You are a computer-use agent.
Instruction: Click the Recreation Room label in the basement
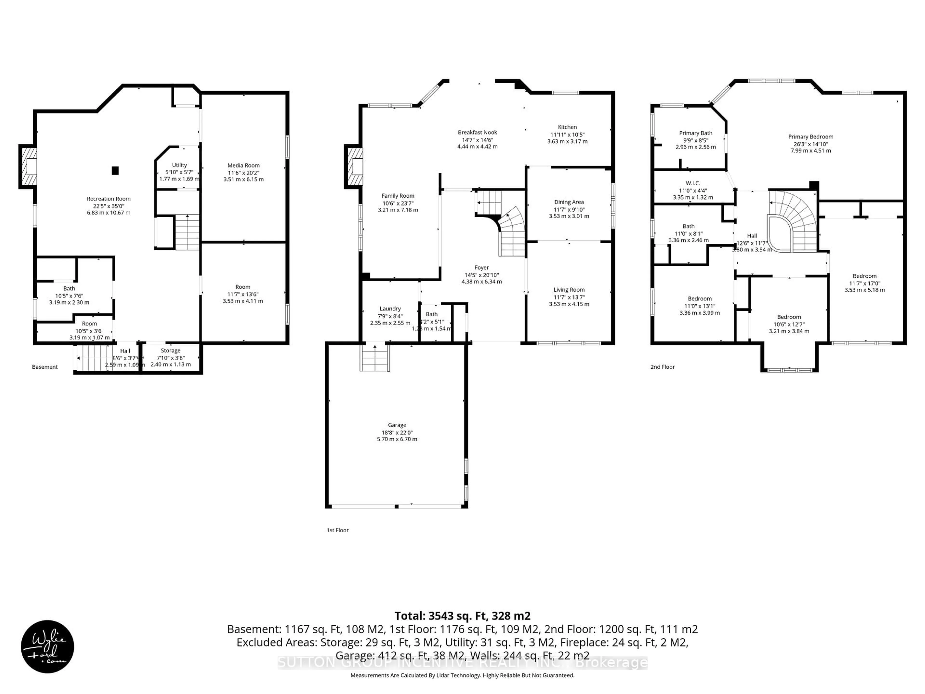tap(108, 199)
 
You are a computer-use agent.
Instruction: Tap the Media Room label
tap(243, 165)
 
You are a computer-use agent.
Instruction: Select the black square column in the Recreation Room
tap(115, 171)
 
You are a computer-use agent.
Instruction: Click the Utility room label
tap(179, 165)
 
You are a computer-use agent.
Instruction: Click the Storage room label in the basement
tap(170, 351)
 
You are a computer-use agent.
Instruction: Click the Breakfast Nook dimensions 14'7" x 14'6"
tap(477, 140)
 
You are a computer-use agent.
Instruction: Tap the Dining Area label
tap(569, 202)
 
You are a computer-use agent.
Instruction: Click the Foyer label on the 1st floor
tap(481, 267)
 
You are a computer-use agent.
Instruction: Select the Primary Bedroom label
tap(810, 137)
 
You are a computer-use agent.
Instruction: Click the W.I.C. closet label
tap(693, 183)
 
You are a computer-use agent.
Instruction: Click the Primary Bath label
tap(695, 133)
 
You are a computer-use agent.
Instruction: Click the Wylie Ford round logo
tap(47, 646)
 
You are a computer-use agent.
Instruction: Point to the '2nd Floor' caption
tap(662, 367)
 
